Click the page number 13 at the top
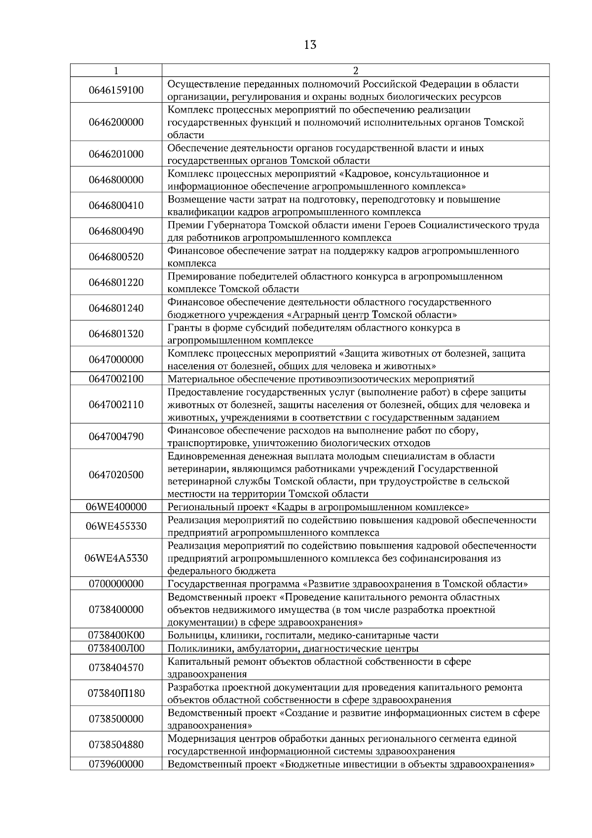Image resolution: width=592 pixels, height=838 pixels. tap(310, 45)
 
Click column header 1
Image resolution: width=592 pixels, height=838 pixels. tap(116, 71)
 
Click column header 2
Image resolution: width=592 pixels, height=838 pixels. tap(356, 71)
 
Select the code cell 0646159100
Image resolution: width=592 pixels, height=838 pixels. tap(116, 90)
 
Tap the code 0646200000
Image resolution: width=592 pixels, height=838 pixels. tap(116, 122)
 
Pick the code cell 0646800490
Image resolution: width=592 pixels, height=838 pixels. tap(116, 231)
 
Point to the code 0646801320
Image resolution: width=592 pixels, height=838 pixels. tap(116, 334)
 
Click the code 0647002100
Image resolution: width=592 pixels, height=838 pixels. tap(116, 379)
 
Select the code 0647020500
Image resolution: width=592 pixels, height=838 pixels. tap(116, 475)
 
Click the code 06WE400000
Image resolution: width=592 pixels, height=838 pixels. tap(116, 507)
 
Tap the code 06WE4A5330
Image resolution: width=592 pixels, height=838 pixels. tap(116, 558)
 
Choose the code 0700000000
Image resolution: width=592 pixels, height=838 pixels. tap(116, 584)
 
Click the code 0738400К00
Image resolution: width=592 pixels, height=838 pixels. tap(116, 635)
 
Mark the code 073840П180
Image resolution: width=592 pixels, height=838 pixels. tap(116, 693)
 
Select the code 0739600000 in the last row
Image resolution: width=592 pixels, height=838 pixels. tap(116, 764)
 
